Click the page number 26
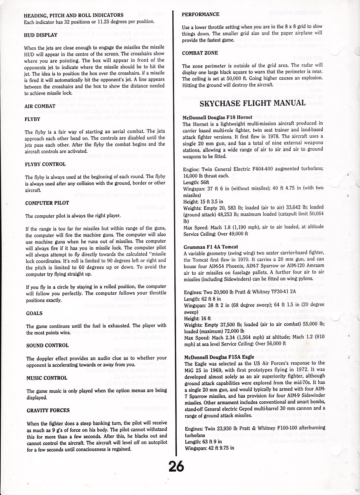point(176,466)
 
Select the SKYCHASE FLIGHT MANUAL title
point(253,103)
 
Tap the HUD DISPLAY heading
point(41,35)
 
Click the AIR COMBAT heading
point(40,106)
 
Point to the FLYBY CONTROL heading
point(45,164)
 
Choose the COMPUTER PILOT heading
point(47,203)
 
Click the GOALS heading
point(34,313)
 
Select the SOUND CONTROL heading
point(47,345)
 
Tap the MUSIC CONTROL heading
point(47,378)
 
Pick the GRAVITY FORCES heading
point(48,410)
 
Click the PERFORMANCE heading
point(200,14)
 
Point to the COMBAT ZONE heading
point(200,53)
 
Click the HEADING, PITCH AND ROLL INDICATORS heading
point(74,15)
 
